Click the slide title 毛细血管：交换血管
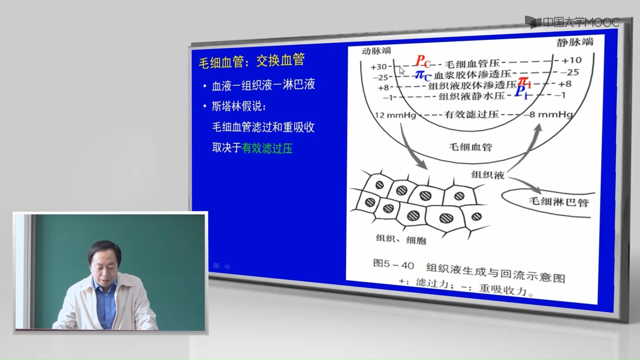tap(252, 61)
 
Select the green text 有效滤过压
tap(267, 148)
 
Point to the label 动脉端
tap(376, 51)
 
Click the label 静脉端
tap(575, 42)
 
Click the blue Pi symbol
tap(521, 92)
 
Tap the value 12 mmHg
tap(395, 115)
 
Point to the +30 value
tap(378, 67)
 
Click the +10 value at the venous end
tap(571, 60)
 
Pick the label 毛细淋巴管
tap(559, 202)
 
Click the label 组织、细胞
tap(401, 239)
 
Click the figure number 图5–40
tap(393, 264)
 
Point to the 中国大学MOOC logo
tap(572, 22)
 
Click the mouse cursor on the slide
tap(402, 71)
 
